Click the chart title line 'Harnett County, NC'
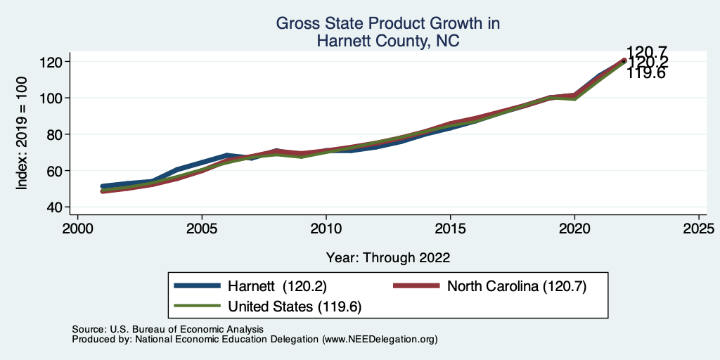pyautogui.click(x=388, y=41)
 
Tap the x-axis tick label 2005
pyautogui.click(x=202, y=229)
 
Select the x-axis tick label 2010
pyautogui.click(x=326, y=229)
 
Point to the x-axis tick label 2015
pyautogui.click(x=451, y=229)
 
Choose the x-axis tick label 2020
pyautogui.click(x=574, y=229)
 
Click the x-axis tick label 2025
pyautogui.click(x=699, y=229)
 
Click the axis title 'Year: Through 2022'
pyautogui.click(x=388, y=257)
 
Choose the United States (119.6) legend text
pyautogui.click(x=295, y=306)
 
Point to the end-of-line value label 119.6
pyautogui.click(x=645, y=73)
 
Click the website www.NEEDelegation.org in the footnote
pyautogui.click(x=380, y=339)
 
